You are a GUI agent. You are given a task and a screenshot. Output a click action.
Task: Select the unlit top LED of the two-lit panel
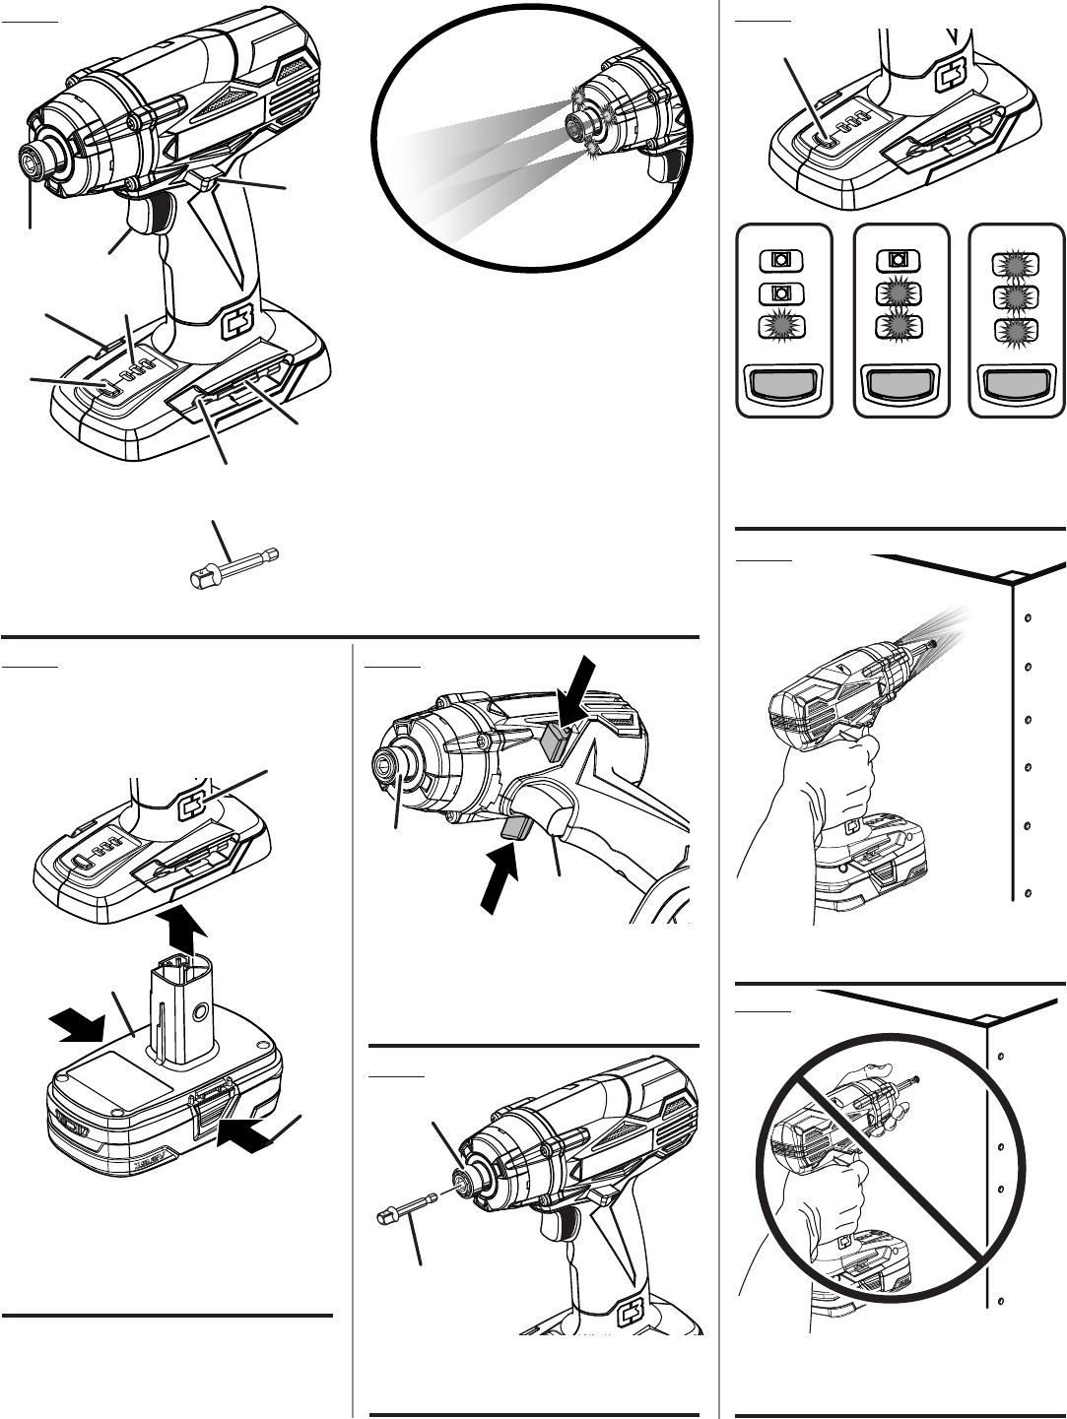coord(898,261)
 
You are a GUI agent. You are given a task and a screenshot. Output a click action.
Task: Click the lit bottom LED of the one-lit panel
coord(780,328)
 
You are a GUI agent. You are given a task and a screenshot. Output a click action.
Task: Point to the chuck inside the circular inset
coord(573,124)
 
